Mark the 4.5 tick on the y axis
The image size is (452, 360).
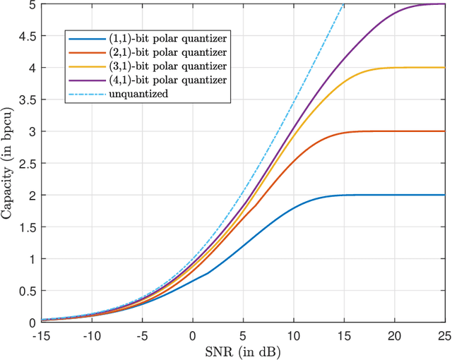[x=16, y=36]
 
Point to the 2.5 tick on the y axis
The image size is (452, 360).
[x=16, y=163]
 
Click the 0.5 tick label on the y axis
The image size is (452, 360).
[x=16, y=291]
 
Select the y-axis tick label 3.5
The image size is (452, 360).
[x=16, y=100]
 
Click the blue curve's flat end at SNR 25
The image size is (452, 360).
[x=443, y=195]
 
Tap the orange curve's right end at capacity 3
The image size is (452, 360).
[x=443, y=131]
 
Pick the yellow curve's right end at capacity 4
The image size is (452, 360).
[x=443, y=68]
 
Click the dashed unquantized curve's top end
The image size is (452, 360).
[x=344, y=4]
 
